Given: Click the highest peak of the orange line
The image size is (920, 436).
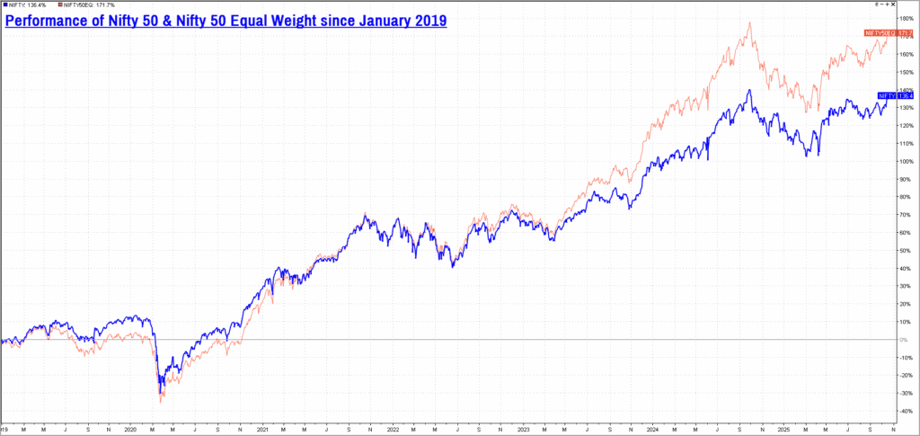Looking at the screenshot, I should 749,22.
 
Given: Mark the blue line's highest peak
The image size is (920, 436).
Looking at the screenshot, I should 749,89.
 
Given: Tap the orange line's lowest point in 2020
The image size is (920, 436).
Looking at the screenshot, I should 161,402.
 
